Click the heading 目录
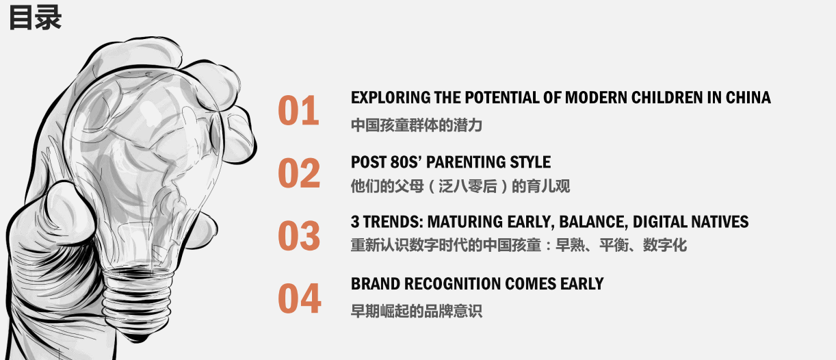(x=35, y=18)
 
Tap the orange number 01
(x=298, y=111)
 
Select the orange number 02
(x=299, y=172)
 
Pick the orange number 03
(x=299, y=235)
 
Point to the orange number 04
(x=300, y=298)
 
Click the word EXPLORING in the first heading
(x=391, y=98)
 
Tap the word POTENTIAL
(x=502, y=98)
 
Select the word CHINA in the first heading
(x=748, y=98)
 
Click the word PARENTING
(x=466, y=162)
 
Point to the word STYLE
(x=530, y=162)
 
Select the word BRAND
(x=376, y=284)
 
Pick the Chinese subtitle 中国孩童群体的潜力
(x=417, y=125)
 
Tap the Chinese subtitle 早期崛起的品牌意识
(x=417, y=311)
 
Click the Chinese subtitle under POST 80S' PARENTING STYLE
(x=460, y=186)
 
